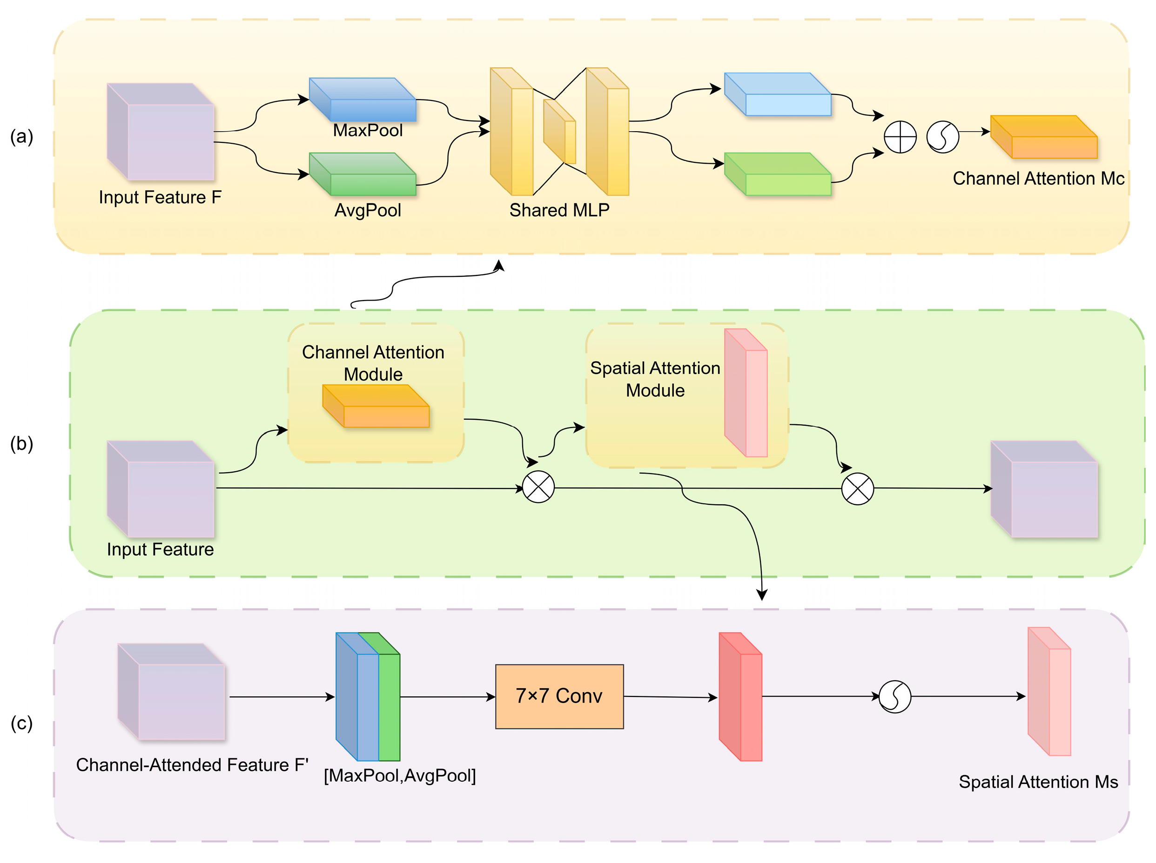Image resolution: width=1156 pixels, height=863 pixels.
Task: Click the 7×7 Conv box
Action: click(x=559, y=696)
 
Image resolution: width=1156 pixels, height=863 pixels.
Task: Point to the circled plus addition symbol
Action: click(x=900, y=137)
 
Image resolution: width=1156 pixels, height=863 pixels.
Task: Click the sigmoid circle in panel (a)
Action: click(x=942, y=137)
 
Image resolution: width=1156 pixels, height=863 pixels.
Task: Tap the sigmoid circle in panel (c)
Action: click(x=895, y=696)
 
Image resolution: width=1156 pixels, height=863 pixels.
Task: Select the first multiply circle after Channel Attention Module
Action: click(x=538, y=487)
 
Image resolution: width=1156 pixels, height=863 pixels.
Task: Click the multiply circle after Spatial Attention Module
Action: click(x=858, y=489)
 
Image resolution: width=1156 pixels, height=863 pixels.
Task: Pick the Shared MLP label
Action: click(x=559, y=210)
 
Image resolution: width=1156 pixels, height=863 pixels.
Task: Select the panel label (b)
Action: click(x=21, y=443)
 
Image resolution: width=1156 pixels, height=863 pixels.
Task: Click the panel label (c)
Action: click(x=21, y=723)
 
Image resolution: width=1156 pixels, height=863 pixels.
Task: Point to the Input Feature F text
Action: click(x=160, y=197)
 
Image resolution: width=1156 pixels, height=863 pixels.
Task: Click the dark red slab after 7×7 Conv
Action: click(x=741, y=697)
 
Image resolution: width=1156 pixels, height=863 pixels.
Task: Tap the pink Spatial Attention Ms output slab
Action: click(x=1049, y=692)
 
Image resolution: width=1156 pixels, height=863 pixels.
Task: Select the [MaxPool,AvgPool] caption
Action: click(x=400, y=776)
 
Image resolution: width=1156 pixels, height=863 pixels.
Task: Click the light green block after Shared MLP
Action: click(x=778, y=175)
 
